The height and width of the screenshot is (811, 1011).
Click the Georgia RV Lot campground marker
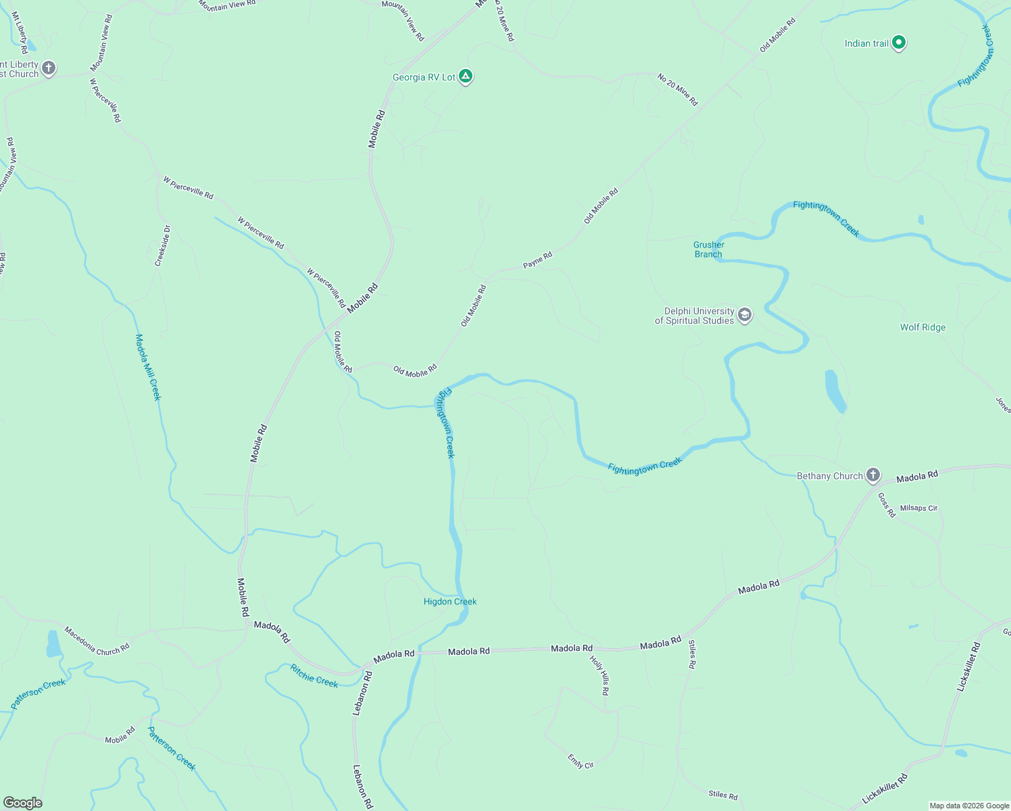point(465,76)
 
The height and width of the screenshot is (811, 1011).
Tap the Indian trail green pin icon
point(898,43)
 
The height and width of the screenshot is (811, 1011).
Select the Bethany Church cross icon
point(873,475)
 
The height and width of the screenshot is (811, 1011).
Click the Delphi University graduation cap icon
point(745,315)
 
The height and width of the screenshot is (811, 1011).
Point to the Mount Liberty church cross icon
point(48,68)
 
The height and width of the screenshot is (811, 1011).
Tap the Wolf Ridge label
point(922,327)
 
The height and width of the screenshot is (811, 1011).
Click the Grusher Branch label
point(708,249)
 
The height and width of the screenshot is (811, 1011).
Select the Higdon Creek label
point(450,601)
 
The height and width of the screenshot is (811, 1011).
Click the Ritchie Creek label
point(314,676)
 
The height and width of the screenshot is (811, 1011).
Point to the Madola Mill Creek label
point(148,367)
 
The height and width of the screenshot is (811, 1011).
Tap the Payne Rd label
point(537,260)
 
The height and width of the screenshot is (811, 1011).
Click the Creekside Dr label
point(163,246)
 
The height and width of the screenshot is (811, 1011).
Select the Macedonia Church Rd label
point(97,641)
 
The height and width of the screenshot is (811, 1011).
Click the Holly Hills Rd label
point(599,675)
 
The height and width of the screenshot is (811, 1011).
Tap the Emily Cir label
point(581,761)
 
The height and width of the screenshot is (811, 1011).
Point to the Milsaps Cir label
point(918,508)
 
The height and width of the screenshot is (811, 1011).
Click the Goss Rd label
point(887,504)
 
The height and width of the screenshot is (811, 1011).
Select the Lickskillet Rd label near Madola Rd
point(968,666)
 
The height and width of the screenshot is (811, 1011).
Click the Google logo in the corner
point(23,803)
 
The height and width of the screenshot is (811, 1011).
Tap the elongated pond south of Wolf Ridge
point(835,391)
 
